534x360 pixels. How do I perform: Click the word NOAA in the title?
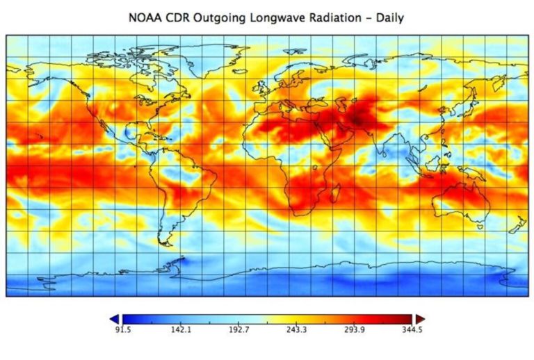[145, 17]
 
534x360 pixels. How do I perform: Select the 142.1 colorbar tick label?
[180, 330]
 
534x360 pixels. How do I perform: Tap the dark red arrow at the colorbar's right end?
[420, 318]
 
